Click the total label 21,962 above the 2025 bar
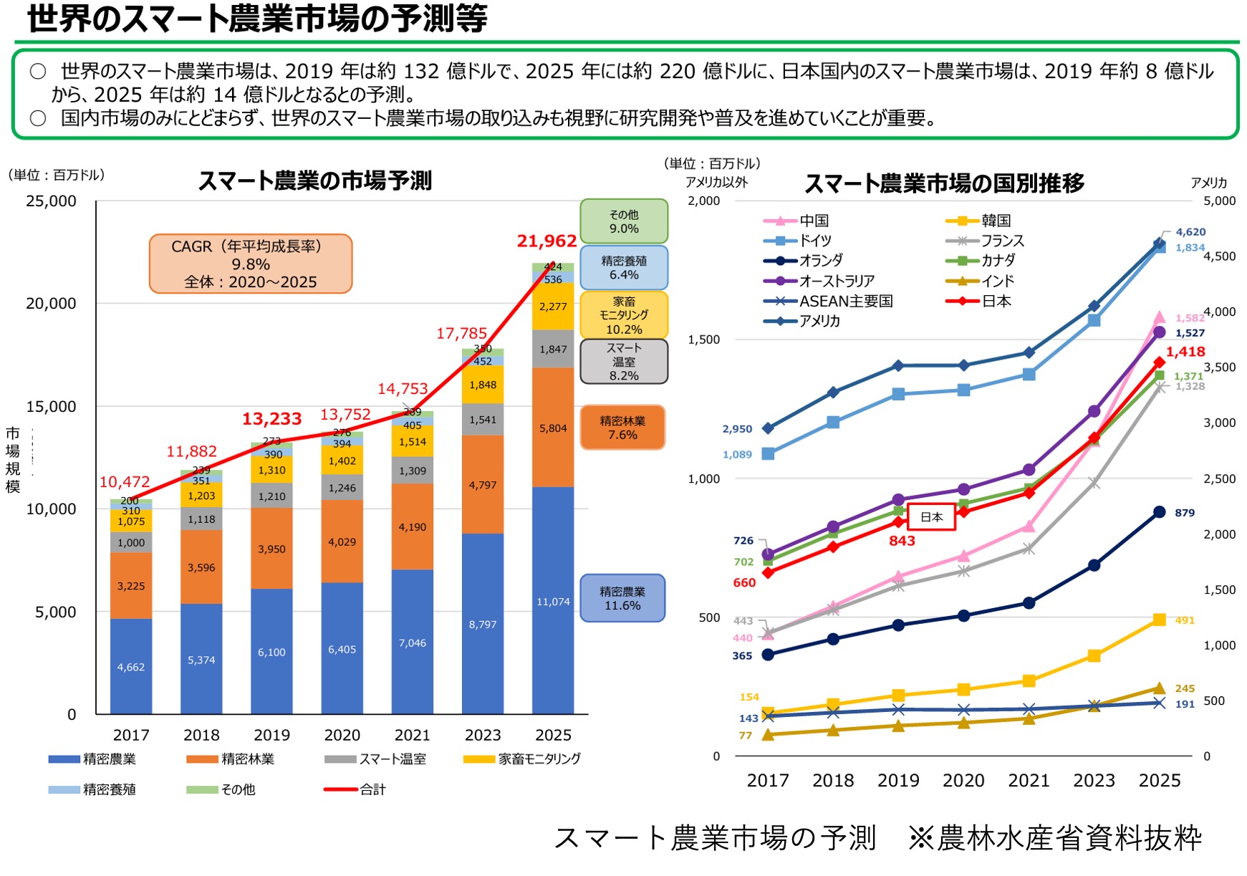pos(547,241)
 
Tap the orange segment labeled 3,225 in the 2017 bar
pos(131,585)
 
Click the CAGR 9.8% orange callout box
pos(251,264)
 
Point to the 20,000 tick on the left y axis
pos(51,304)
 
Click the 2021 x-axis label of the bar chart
pos(412,735)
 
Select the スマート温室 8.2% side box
pos(624,362)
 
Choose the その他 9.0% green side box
pos(624,221)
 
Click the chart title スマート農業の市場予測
pos(315,181)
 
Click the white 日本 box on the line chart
pos(931,516)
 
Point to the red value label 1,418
pos(1185,352)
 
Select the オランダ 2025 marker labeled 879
pos(1159,512)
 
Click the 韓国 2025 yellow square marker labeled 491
pos(1159,620)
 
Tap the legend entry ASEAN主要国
pos(846,301)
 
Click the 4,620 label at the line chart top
pos(1190,232)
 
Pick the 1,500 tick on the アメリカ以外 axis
pos(703,340)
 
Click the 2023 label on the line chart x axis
pos(1094,780)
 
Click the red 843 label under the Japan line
pos(902,541)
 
